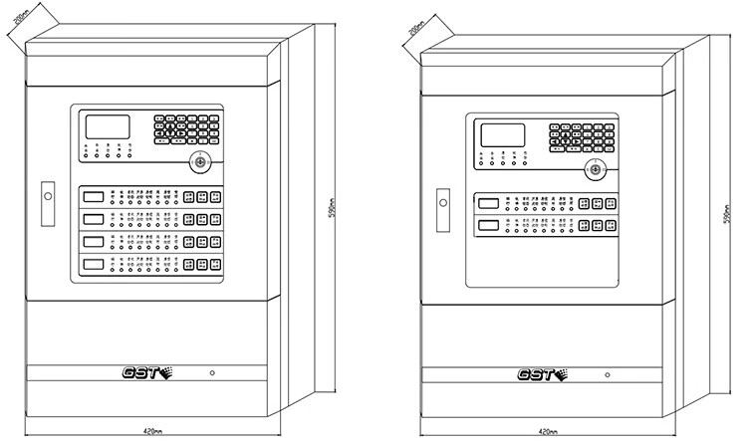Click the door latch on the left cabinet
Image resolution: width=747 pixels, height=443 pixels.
pyautogui.click(x=46, y=196)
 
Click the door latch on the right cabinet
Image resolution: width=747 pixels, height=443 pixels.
pyautogui.click(x=439, y=201)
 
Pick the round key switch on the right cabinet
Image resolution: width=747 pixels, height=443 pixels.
pyautogui.click(x=594, y=169)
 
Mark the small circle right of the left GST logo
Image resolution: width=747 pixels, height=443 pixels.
pyautogui.click(x=214, y=373)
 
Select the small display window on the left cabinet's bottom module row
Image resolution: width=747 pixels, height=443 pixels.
pyautogui.click(x=95, y=264)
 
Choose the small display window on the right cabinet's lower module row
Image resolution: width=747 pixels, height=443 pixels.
pyautogui.click(x=489, y=228)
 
